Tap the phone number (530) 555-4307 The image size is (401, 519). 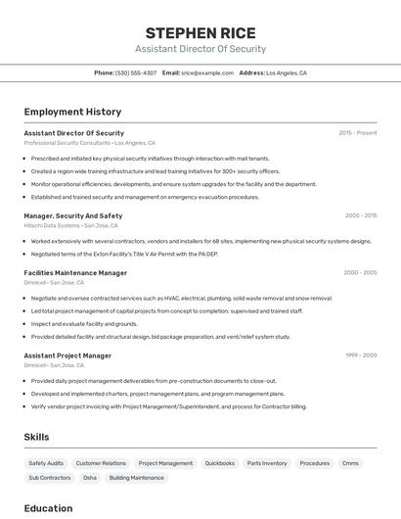coord(136,72)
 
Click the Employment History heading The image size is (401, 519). coord(72,112)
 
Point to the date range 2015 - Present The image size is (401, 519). coord(358,132)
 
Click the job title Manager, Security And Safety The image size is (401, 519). coord(73,215)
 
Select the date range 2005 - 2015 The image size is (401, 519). coord(361,215)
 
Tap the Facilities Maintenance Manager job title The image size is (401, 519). coord(75,273)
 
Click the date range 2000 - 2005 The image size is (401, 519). coord(360,273)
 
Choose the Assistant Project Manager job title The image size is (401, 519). coord(67,355)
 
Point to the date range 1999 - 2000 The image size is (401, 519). coord(361,355)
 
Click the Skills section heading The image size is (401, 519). coord(36,437)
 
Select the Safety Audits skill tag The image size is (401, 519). coord(46,463)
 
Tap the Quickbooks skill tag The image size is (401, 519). coord(220,463)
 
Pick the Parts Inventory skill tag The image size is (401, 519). coord(267,463)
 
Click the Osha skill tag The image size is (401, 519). coord(90,478)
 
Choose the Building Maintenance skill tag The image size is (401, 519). coord(137,478)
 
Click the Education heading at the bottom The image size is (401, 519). coord(48,508)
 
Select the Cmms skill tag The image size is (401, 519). coord(350,463)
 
